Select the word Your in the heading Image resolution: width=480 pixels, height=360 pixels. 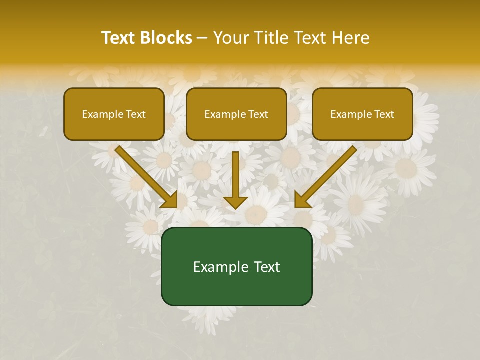click(231, 38)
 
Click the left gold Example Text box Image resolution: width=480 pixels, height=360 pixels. click(114, 114)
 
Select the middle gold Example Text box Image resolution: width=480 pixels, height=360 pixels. click(236, 114)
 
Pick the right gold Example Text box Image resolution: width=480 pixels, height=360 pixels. click(362, 114)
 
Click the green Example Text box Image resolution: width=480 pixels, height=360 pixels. click(236, 267)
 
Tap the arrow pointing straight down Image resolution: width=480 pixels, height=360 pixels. click(235, 180)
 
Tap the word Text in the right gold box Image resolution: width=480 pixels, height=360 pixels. click(384, 114)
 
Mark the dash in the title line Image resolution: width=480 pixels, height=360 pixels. click(202, 38)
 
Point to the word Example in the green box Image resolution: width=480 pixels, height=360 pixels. click(220, 267)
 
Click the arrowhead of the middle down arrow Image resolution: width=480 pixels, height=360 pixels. click(235, 201)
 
